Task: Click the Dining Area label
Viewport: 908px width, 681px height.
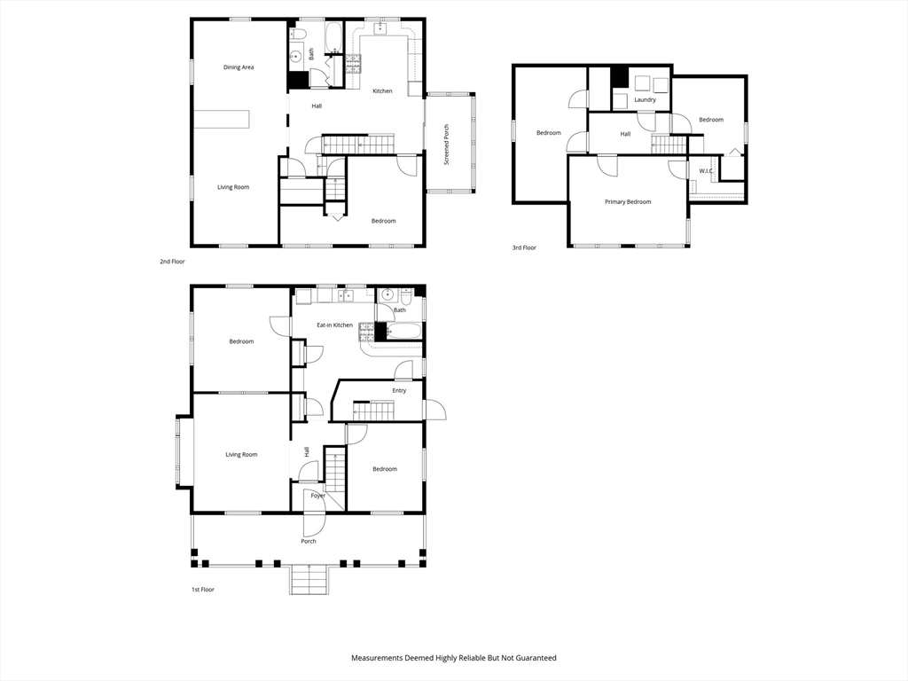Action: pyautogui.click(x=239, y=67)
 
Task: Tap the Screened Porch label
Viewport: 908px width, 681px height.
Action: pyautogui.click(x=446, y=145)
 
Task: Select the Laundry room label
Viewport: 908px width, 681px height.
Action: pyautogui.click(x=645, y=99)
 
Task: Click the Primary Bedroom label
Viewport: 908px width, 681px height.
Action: pyautogui.click(x=628, y=202)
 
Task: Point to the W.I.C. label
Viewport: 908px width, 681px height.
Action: pyautogui.click(x=706, y=171)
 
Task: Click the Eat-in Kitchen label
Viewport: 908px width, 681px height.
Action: pyautogui.click(x=334, y=325)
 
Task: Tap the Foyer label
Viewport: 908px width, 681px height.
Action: pyautogui.click(x=317, y=496)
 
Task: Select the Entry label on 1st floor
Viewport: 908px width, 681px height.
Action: pyautogui.click(x=399, y=390)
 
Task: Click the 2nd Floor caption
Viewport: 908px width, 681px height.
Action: pyautogui.click(x=172, y=262)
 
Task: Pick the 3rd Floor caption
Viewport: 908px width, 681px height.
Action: pyautogui.click(x=524, y=248)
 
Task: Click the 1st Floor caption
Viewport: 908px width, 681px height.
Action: pyautogui.click(x=203, y=590)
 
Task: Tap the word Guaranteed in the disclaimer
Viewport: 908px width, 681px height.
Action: pyautogui.click(x=531, y=658)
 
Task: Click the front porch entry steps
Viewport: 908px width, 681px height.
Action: pyautogui.click(x=309, y=581)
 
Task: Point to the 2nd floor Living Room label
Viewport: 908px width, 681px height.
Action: pyautogui.click(x=234, y=187)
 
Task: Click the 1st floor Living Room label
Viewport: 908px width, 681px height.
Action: pyautogui.click(x=241, y=455)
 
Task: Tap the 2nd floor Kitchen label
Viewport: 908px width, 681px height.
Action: pyautogui.click(x=382, y=91)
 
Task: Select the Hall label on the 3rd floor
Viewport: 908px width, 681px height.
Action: pyautogui.click(x=625, y=134)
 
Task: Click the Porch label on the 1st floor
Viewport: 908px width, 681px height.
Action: pyautogui.click(x=308, y=541)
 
